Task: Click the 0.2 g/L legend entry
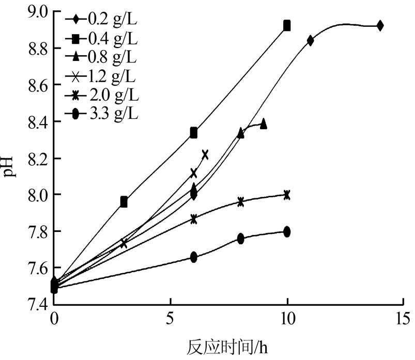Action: pyautogui.click(x=103, y=22)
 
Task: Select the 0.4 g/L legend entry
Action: pyautogui.click(x=103, y=38)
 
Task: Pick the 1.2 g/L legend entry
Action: pyautogui.click(x=103, y=77)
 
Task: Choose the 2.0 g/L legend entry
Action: pyautogui.click(x=103, y=96)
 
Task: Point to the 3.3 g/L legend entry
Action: pyautogui.click(x=103, y=114)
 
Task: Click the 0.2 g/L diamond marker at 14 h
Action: pyautogui.click(x=380, y=25)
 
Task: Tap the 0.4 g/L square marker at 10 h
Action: pyautogui.click(x=287, y=26)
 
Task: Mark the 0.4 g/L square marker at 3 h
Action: pyautogui.click(x=124, y=202)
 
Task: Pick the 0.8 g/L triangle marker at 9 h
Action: pyautogui.click(x=264, y=124)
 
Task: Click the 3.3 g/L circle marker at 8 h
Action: pyautogui.click(x=240, y=238)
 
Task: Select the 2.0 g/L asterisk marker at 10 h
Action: pyautogui.click(x=287, y=195)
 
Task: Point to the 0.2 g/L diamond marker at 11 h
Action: pyautogui.click(x=311, y=40)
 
